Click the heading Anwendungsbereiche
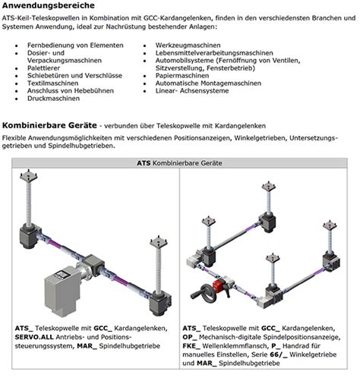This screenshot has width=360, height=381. pos(49,5)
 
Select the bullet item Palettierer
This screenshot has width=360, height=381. pos(43,68)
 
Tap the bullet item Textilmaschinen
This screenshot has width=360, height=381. pos(52,83)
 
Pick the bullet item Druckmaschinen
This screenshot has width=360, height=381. pos(53,99)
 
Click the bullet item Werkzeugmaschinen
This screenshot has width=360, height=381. pos(188,46)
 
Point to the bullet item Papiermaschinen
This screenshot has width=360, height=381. pos(182,76)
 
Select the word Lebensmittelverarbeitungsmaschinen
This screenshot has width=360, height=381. pos(214,53)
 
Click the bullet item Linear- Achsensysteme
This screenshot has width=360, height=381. pos(192,91)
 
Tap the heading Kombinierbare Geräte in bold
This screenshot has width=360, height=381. pos(49,125)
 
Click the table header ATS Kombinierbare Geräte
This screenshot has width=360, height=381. pos(179,163)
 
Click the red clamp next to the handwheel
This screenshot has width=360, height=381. pos(218,285)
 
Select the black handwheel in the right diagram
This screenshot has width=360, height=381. pos(202,292)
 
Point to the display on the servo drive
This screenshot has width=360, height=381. pos(61,275)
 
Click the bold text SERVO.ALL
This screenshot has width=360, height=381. pos(34,337)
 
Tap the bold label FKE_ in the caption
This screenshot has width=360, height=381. pos(191,346)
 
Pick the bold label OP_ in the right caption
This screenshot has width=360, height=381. pos(190,337)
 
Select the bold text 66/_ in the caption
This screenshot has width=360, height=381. pos(279,354)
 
